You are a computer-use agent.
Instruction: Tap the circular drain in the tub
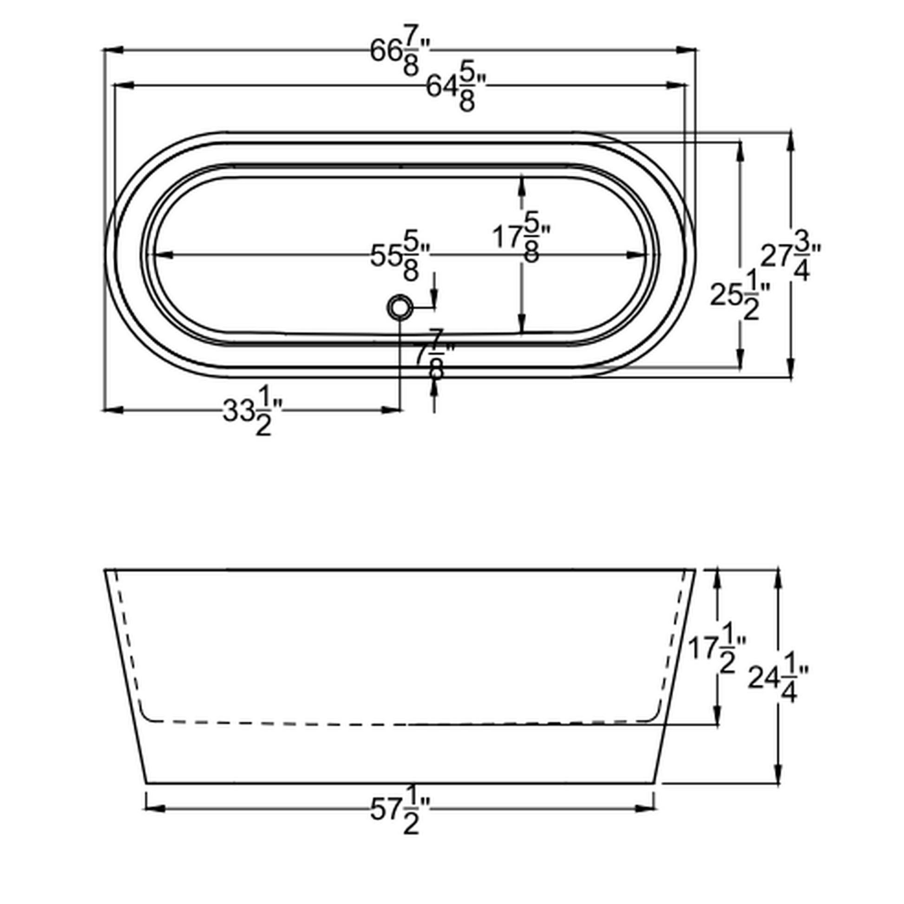pyautogui.click(x=400, y=308)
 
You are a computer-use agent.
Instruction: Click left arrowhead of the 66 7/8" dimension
pyautogui.click(x=112, y=49)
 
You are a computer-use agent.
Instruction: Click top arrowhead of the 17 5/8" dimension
pyautogui.click(x=522, y=184)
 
